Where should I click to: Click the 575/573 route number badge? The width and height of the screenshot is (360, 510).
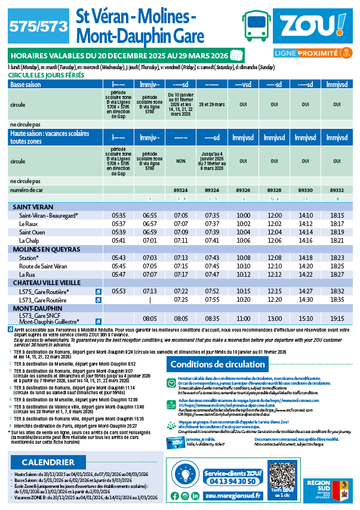pyautogui.click(x=36, y=26)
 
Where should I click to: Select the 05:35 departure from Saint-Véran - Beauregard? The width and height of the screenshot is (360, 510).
pyautogui.click(x=119, y=215)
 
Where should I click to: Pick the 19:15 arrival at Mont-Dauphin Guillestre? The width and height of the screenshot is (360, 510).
pyautogui.click(x=337, y=319)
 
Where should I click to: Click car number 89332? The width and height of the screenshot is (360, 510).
pyautogui.click(x=337, y=189)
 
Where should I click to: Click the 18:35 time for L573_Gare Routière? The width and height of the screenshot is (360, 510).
pyautogui.click(x=337, y=299)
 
